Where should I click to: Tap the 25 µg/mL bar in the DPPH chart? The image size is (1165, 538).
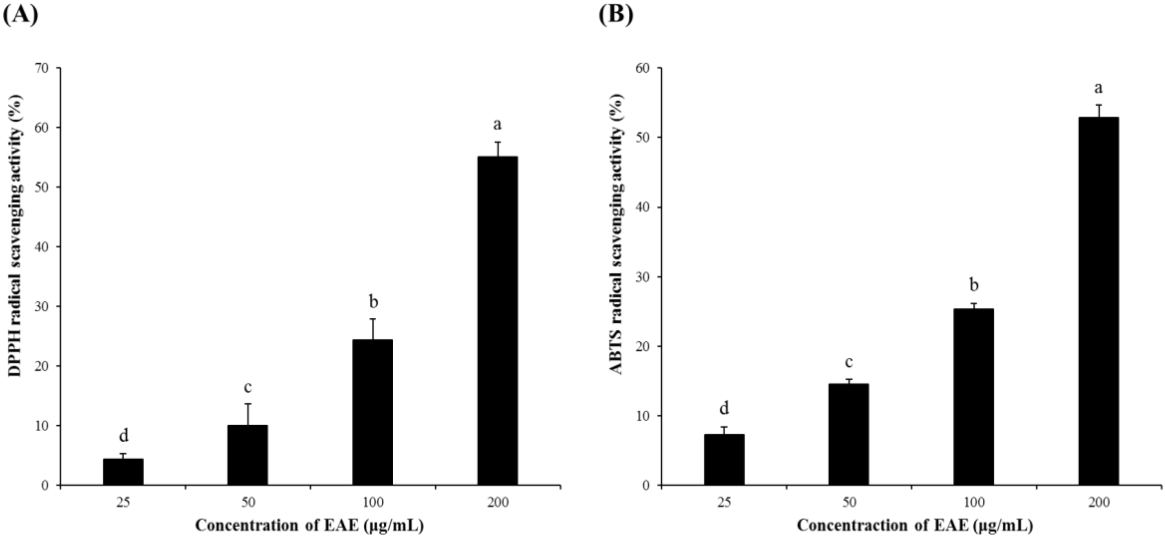point(123,472)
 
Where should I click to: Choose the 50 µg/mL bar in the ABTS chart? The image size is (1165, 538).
point(848,434)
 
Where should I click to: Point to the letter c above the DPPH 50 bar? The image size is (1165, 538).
point(247,387)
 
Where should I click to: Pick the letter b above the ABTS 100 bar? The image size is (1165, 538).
point(974,285)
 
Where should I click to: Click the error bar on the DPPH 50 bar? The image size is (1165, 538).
point(248,414)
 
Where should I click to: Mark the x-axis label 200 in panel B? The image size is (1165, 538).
point(1099,502)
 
